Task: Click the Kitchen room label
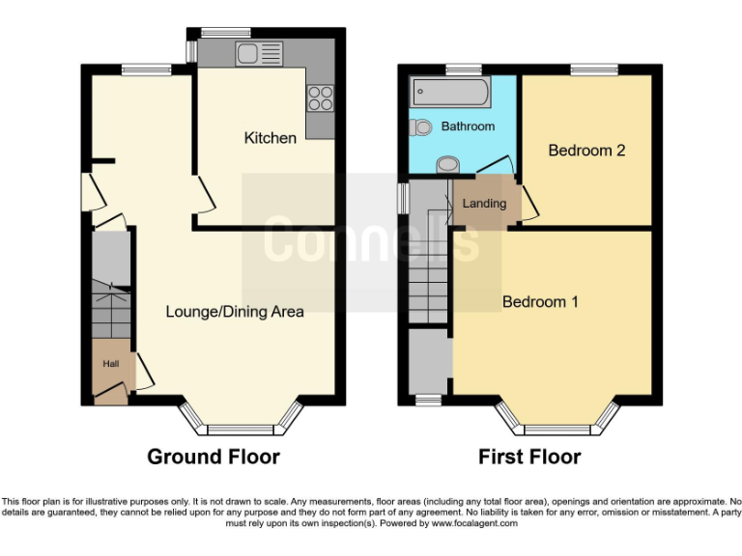pos(271,138)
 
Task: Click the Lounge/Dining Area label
pos(235,311)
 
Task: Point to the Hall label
pos(112,364)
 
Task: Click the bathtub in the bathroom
pos(449,93)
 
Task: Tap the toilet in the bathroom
pos(420,127)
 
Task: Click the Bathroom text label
pos(468,126)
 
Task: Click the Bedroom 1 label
pos(540,301)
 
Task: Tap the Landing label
pos(484,204)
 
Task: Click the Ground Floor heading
pos(214,457)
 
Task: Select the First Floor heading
pos(529,457)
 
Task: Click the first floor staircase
pos(428,280)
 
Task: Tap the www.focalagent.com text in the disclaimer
pos(474,523)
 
